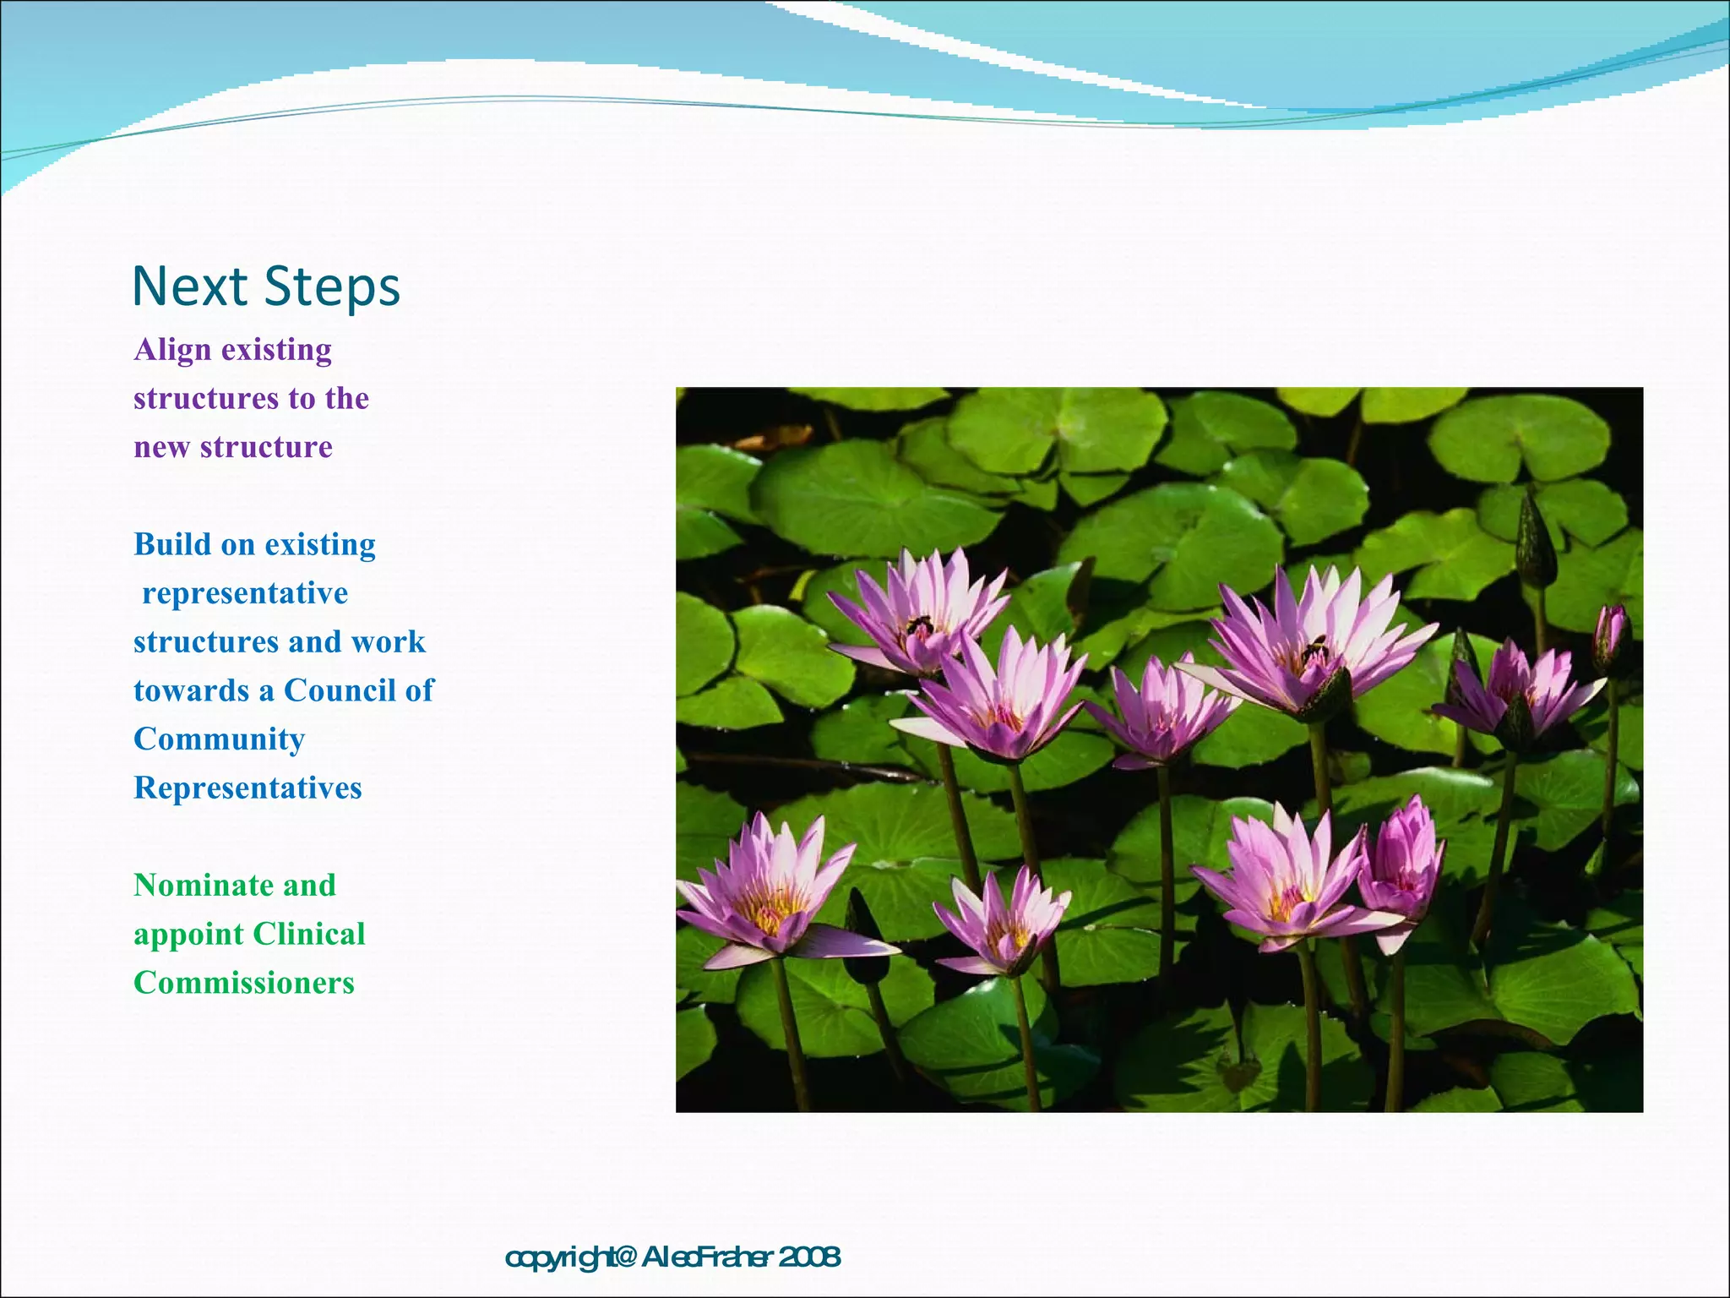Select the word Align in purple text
[172, 350]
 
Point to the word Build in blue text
[171, 544]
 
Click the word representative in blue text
[245, 593]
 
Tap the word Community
[219, 739]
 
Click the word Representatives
[248, 788]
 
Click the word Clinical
[308, 934]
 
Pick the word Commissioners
[244, 983]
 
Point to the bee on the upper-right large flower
[1314, 649]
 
